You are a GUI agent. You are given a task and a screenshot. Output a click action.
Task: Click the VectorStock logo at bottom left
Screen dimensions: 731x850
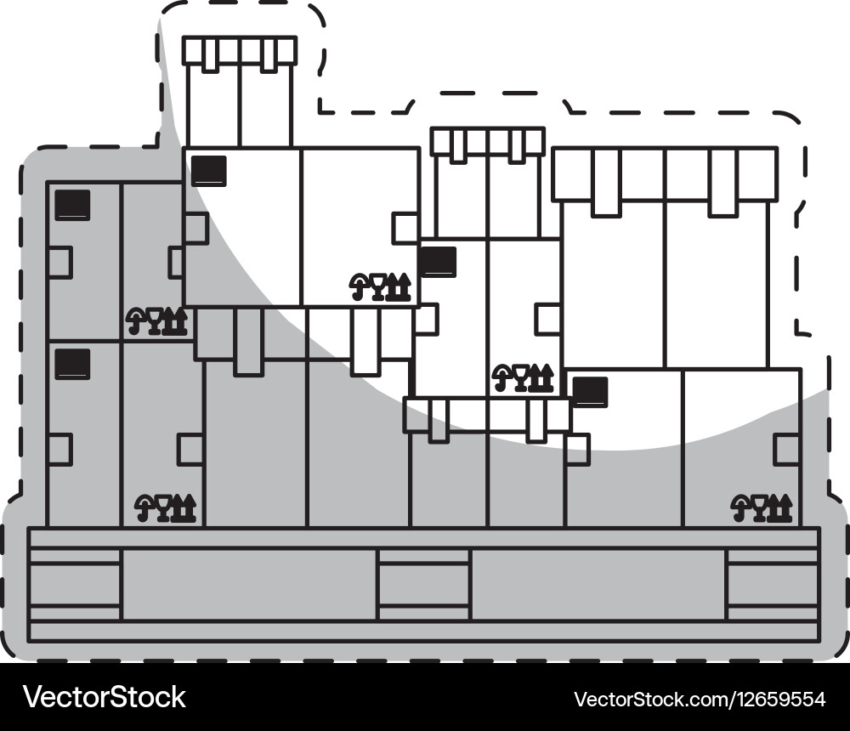[105, 697]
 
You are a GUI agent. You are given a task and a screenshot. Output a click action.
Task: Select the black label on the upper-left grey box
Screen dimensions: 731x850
[72, 205]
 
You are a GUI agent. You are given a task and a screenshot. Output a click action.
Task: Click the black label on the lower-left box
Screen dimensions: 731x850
[72, 364]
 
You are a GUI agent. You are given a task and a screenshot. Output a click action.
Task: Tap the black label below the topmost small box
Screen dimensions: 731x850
[208, 170]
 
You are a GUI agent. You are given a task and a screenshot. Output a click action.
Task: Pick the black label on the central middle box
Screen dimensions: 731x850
[437, 262]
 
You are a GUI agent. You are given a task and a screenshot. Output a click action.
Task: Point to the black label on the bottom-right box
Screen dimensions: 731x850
[590, 392]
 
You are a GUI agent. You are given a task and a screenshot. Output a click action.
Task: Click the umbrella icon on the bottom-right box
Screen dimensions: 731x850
[740, 507]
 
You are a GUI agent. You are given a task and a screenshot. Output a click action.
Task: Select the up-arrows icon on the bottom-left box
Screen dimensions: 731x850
[185, 507]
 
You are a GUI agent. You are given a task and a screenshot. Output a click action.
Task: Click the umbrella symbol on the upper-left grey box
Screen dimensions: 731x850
[135, 320]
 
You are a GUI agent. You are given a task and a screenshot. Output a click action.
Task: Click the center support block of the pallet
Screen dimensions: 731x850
[423, 584]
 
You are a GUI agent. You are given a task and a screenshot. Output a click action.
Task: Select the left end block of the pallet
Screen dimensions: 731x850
[75, 584]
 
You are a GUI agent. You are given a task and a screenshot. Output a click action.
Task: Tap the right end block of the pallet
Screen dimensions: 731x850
[772, 584]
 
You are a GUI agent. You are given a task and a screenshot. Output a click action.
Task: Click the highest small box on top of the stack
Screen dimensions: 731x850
[239, 93]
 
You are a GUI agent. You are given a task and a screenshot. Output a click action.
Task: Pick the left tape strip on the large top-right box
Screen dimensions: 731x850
[606, 182]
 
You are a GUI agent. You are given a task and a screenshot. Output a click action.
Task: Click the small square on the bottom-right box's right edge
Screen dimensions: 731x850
[786, 449]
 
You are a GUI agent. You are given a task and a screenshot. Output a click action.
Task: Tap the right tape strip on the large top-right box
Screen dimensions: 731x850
[723, 182]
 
